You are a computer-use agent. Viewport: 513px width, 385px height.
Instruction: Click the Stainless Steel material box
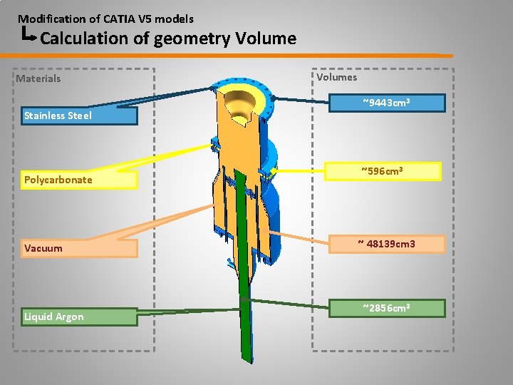point(78,115)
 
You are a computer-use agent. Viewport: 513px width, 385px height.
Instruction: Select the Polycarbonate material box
point(78,180)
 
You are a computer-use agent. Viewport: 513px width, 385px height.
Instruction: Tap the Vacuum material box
point(78,248)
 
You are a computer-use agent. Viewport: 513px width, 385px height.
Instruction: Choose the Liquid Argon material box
point(78,317)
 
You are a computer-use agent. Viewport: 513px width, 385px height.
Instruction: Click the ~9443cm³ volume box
point(385,103)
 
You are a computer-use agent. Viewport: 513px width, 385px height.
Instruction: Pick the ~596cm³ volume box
point(385,171)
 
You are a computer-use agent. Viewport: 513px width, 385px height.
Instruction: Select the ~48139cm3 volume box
point(385,245)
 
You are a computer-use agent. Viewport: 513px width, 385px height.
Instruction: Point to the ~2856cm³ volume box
point(385,308)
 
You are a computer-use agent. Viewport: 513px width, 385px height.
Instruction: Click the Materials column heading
point(38,78)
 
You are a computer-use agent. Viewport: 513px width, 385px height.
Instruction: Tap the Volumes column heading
point(337,77)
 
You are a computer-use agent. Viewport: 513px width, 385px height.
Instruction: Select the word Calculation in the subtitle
point(85,38)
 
